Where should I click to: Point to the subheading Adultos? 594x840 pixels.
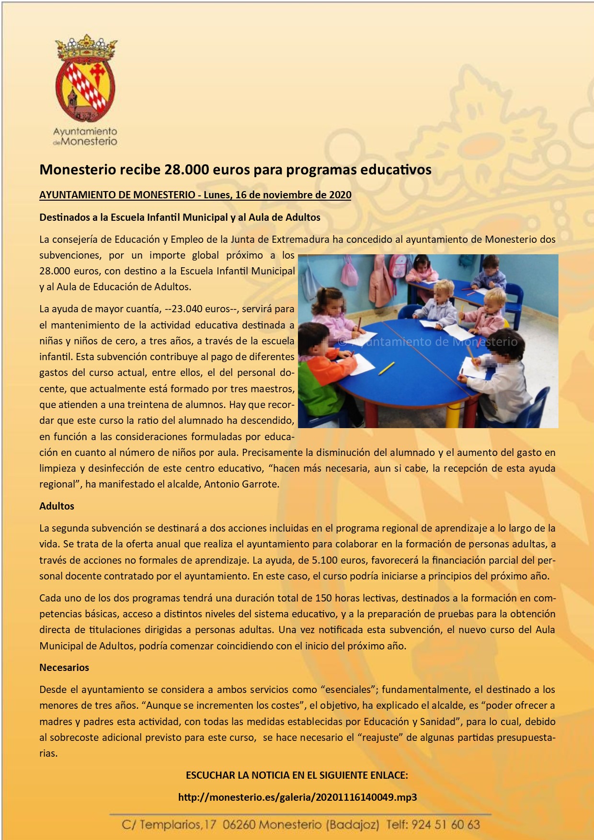click(57, 506)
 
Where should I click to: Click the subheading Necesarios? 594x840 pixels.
click(64, 668)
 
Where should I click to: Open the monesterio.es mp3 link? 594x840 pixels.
click(297, 797)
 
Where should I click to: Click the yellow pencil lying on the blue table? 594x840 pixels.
click(386, 368)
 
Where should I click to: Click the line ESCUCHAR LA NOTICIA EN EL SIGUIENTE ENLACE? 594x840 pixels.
click(297, 775)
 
